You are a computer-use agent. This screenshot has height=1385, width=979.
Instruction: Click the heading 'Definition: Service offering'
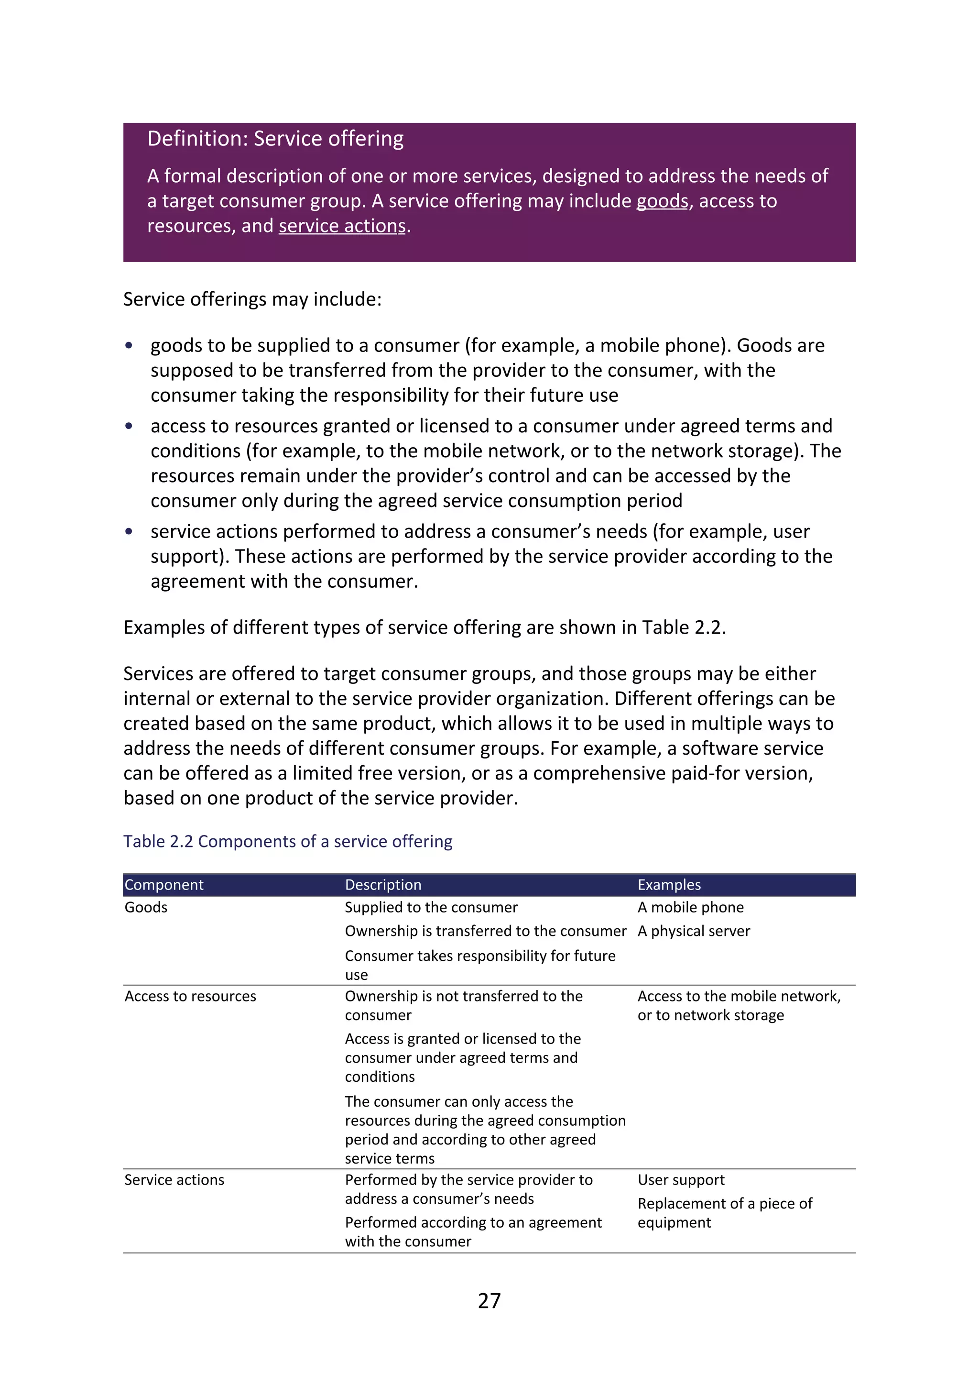(x=275, y=139)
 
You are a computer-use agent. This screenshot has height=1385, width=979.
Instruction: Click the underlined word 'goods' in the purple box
(x=662, y=201)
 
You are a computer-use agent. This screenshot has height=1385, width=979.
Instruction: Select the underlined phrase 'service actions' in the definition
(x=342, y=226)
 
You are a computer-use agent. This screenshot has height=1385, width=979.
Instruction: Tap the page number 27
(x=489, y=1300)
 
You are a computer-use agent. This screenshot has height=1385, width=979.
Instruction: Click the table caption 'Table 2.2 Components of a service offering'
(x=288, y=842)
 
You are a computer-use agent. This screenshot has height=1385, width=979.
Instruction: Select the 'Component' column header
(x=164, y=885)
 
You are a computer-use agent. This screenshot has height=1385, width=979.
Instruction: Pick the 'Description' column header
(x=383, y=885)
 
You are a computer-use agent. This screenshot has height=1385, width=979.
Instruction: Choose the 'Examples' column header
(x=669, y=885)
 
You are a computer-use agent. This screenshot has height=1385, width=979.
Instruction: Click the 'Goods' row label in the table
(x=146, y=907)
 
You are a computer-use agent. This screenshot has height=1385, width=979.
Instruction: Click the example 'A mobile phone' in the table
(x=690, y=907)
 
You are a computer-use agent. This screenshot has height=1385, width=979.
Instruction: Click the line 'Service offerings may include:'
(x=252, y=299)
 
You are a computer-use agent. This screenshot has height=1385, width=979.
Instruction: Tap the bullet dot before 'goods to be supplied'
(x=129, y=346)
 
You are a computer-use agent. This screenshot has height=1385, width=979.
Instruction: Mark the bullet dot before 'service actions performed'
(x=129, y=531)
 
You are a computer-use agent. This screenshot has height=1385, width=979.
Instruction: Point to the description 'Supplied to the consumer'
(x=430, y=907)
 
